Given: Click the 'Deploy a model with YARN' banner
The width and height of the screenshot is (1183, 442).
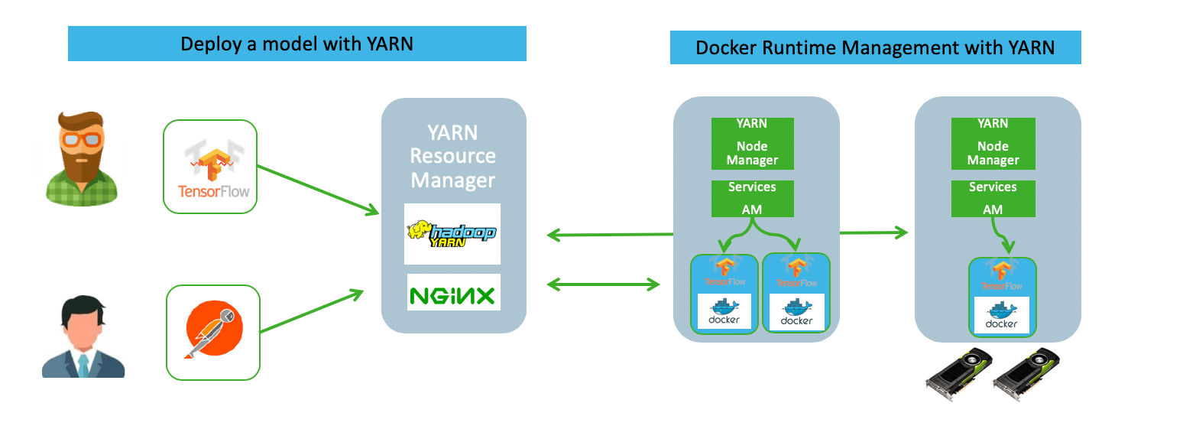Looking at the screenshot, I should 297,44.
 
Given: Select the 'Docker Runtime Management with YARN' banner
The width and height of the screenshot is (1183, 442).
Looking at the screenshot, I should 875,47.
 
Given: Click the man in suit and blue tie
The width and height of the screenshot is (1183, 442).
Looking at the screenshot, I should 83,336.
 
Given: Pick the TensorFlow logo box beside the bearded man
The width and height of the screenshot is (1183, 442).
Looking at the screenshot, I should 211,166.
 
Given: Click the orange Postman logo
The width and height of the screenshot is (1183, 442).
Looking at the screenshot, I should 214,332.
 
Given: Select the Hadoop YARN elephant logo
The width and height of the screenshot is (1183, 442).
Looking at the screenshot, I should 453,233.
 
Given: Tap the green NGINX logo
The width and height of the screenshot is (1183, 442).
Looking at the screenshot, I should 453,294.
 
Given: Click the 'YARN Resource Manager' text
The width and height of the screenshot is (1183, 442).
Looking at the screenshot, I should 453,157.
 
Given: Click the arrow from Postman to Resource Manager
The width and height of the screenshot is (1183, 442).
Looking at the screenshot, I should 310,310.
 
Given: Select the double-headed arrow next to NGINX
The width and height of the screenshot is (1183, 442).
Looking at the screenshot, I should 604,285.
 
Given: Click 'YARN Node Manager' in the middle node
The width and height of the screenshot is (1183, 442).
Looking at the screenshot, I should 753,143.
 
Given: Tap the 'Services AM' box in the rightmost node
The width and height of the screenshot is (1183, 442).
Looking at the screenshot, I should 993,199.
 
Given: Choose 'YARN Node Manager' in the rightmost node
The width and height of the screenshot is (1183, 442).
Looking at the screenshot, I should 993,143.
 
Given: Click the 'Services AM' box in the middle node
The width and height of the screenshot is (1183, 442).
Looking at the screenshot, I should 753,199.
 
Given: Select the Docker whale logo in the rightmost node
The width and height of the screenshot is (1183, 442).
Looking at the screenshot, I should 1002,314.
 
